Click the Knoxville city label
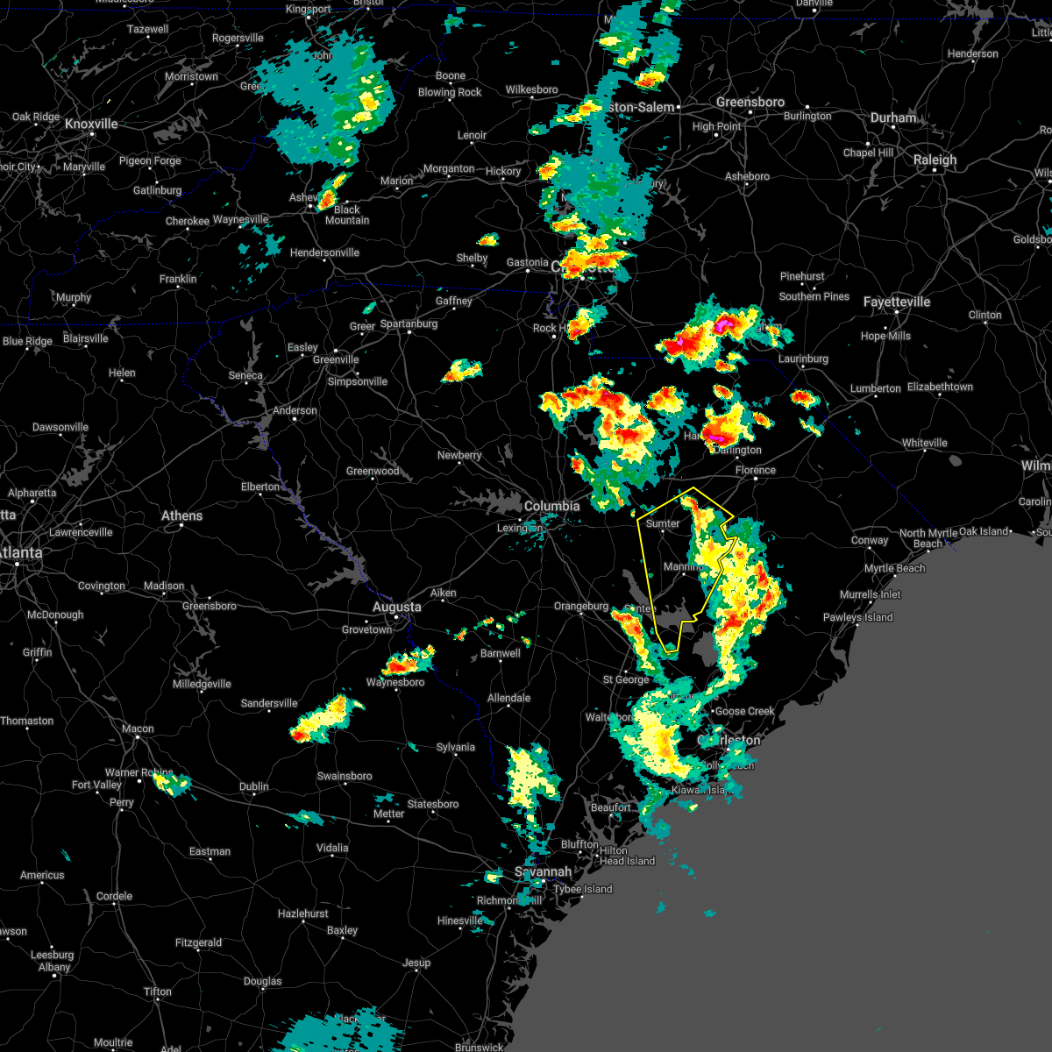[91, 124]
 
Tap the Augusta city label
[396, 607]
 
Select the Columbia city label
[551, 506]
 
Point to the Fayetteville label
[897, 302]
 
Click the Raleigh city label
[935, 160]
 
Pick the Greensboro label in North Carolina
[750, 103]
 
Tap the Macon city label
[138, 729]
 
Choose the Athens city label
[181, 515]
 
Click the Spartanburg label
[409, 324]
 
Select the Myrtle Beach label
[894, 568]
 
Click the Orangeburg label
[580, 606]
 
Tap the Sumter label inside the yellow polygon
[663, 523]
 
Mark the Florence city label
[755, 470]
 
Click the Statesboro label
[433, 804]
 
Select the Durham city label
[893, 117]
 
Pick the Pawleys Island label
[857, 617]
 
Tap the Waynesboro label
[395, 682]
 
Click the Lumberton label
[875, 388]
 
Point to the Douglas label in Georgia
[262, 981]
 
